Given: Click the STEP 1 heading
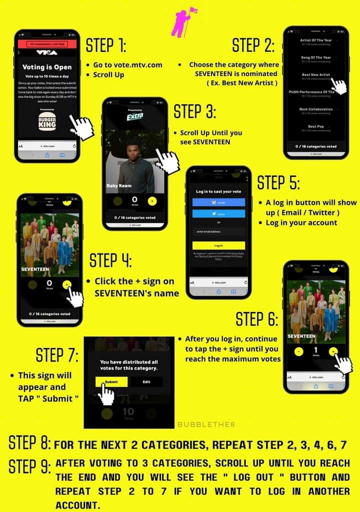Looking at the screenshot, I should (105, 46).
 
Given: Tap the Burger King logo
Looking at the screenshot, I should (47, 122).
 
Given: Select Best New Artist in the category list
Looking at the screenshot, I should (315, 75).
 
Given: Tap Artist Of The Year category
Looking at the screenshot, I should (315, 40).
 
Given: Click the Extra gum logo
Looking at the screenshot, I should (134, 116).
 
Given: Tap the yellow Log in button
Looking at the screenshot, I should (218, 245).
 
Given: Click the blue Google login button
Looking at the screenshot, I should (218, 202).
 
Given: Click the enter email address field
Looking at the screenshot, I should (218, 231).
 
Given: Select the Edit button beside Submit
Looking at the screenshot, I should (146, 382).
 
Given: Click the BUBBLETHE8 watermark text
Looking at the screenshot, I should (206, 424).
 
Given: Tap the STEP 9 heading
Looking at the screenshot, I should (29, 466).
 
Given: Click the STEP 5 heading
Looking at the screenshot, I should (278, 183).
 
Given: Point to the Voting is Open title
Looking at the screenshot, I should (47, 67).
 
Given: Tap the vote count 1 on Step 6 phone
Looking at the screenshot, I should (315, 350).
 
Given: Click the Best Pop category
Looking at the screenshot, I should (315, 127).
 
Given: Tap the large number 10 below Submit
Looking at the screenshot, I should (128, 412).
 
